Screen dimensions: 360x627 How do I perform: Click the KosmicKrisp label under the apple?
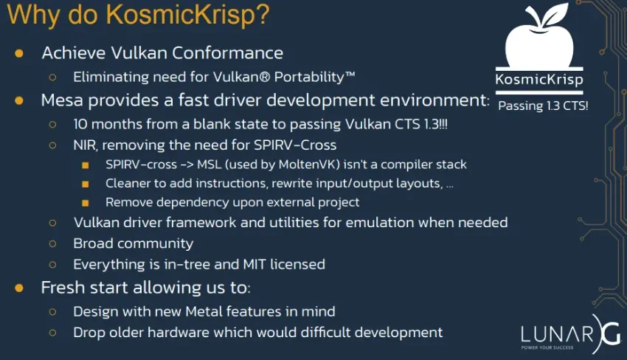538,80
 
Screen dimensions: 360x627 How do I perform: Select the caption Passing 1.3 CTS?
543,105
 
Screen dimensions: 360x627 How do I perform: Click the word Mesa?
64,100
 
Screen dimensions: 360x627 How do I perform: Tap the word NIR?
86,145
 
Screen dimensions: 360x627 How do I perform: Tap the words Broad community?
133,243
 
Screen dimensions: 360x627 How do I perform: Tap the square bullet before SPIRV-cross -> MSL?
86,165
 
